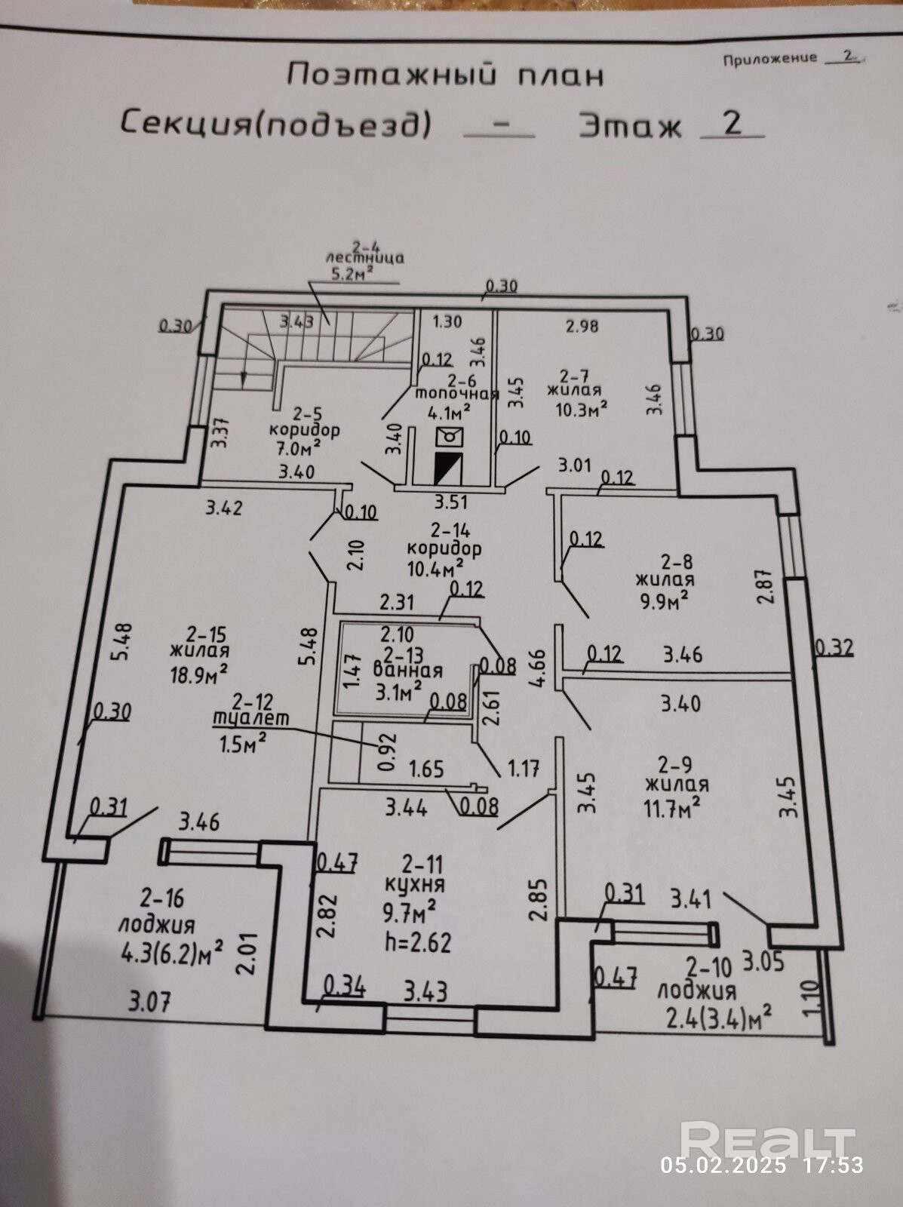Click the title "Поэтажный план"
pyautogui.click(x=446, y=75)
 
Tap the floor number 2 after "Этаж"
pyautogui.click(x=733, y=124)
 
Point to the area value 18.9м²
pyautogui.click(x=199, y=673)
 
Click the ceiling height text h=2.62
pyautogui.click(x=417, y=941)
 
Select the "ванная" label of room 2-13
pyautogui.click(x=407, y=671)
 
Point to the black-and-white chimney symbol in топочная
pyautogui.click(x=450, y=468)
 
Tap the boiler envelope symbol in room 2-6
pyautogui.click(x=450, y=437)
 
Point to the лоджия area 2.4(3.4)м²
pyautogui.click(x=718, y=1018)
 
